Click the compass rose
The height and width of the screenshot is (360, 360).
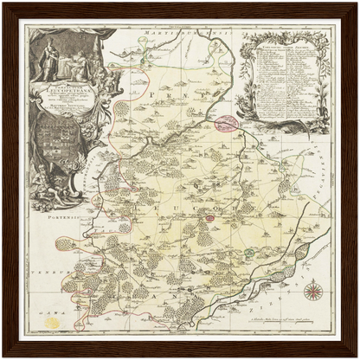click(316, 291)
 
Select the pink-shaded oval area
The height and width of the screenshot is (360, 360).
click(228, 124)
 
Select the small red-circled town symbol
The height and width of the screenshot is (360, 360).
click(132, 184)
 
